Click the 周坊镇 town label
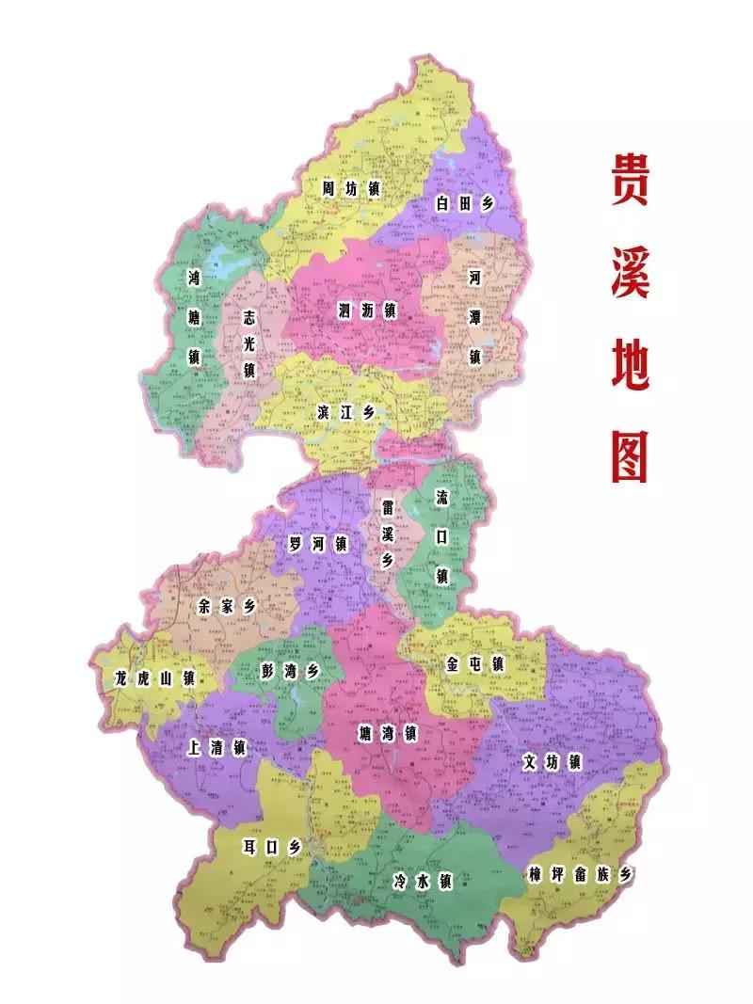pyautogui.click(x=350, y=189)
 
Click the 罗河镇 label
pyautogui.click(x=318, y=544)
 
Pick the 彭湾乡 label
pyautogui.click(x=290, y=671)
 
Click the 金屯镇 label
pyautogui.click(x=474, y=664)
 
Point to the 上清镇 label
pyautogui.click(x=216, y=749)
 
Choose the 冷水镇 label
pyautogui.click(x=423, y=882)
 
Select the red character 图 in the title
pyautogui.click(x=630, y=456)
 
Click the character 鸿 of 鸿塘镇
pyautogui.click(x=194, y=278)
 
